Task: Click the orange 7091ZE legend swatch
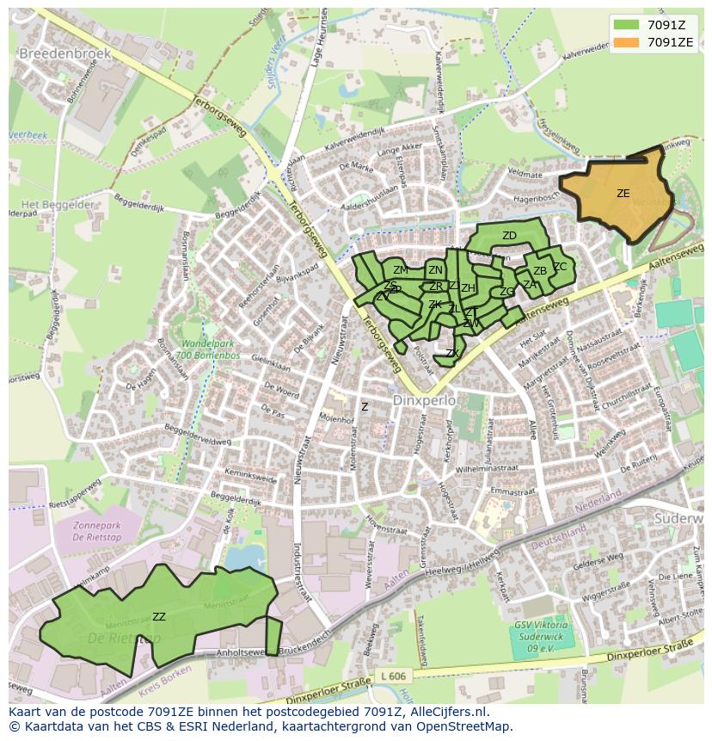pos(627,42)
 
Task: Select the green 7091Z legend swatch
pos(627,25)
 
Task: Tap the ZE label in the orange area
pos(623,194)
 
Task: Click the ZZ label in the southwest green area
pos(158,617)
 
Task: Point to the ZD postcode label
pos(509,236)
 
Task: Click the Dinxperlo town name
pos(421,400)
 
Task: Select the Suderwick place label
pos(678,520)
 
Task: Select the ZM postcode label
pos(401,270)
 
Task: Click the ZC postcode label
pos(560,267)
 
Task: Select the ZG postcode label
pos(506,292)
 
